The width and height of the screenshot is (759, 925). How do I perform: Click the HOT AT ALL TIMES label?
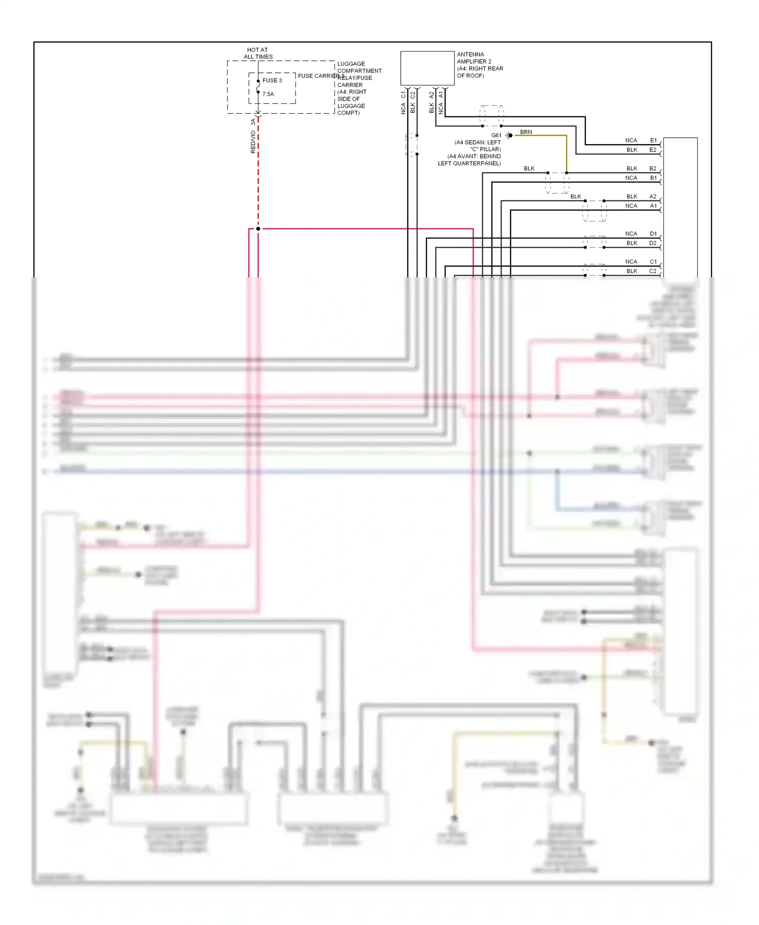pos(258,53)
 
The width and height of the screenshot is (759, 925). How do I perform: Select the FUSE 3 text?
pos(272,80)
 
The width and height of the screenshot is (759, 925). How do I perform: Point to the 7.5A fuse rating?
pos(268,94)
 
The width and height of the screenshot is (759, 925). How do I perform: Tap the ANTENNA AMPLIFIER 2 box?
pos(427,68)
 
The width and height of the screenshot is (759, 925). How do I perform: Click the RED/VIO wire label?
pos(253,142)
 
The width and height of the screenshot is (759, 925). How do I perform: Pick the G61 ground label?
pos(496,135)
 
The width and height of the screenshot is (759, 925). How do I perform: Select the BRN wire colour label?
pos(526,132)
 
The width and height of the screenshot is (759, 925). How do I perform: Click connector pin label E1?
pos(653,141)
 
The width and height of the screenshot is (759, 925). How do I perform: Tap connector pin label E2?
pos(653,150)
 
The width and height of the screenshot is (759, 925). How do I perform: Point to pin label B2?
pos(653,169)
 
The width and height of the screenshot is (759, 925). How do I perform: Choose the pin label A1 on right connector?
pos(653,206)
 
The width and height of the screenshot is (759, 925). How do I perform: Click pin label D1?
pos(653,234)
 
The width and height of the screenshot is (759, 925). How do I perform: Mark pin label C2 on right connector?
pos(653,271)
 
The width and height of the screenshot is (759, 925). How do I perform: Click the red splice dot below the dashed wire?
pos(258,229)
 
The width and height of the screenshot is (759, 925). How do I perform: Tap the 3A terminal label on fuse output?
pos(253,122)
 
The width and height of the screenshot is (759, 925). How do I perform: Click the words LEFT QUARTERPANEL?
pos(469,163)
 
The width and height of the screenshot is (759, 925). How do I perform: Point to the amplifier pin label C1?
pos(403,95)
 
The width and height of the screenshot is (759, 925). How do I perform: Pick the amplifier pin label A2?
pos(432,95)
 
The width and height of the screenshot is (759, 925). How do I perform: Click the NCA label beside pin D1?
pos(631,234)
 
